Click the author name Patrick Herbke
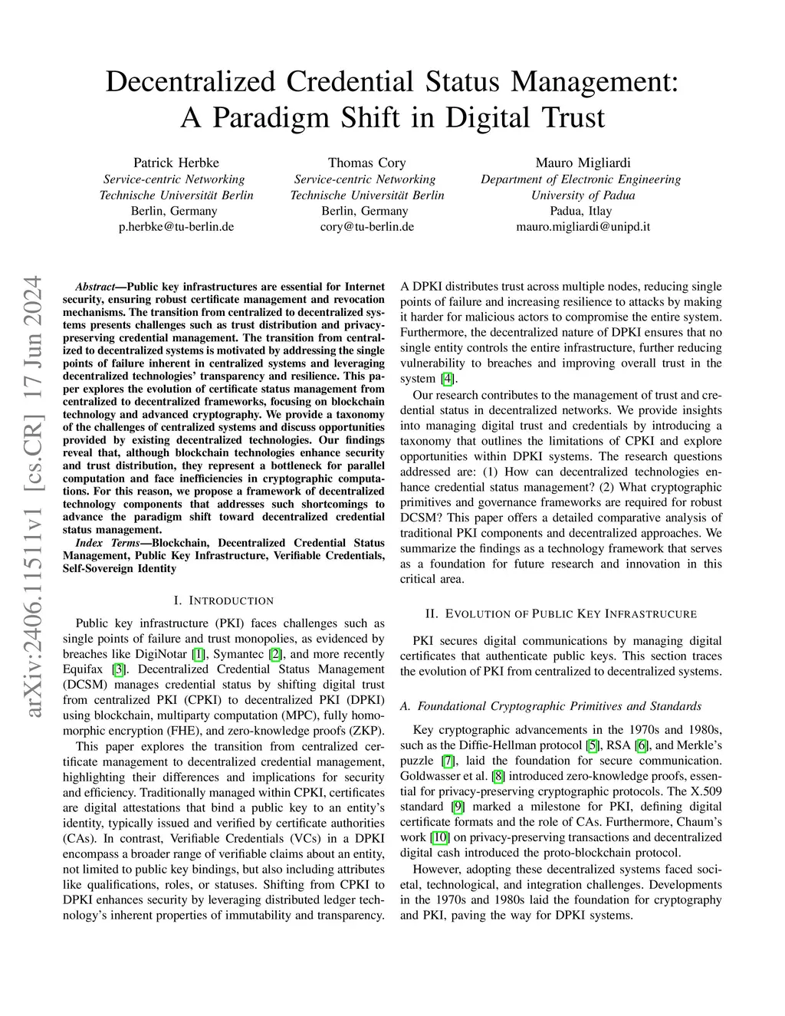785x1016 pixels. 176,163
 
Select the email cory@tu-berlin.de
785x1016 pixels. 366,226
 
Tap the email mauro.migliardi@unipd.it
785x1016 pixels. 583,226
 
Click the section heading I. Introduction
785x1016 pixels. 224,600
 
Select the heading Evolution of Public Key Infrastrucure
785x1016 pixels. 560,613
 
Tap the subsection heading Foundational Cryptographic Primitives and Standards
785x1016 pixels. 550,705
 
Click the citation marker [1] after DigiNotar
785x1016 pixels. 199,654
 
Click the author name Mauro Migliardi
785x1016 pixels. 580,163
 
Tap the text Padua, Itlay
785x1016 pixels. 580,211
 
